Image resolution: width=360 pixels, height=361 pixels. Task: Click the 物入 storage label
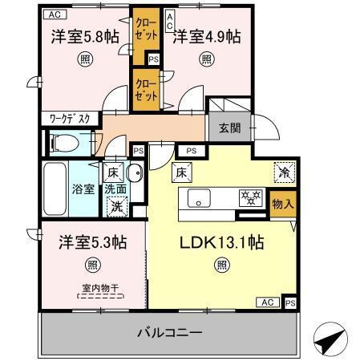[x=282, y=204]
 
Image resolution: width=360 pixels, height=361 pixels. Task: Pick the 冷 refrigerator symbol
[x=283, y=171]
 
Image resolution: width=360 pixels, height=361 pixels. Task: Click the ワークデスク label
[x=70, y=118]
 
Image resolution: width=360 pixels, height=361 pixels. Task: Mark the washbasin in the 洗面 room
[x=134, y=172]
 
